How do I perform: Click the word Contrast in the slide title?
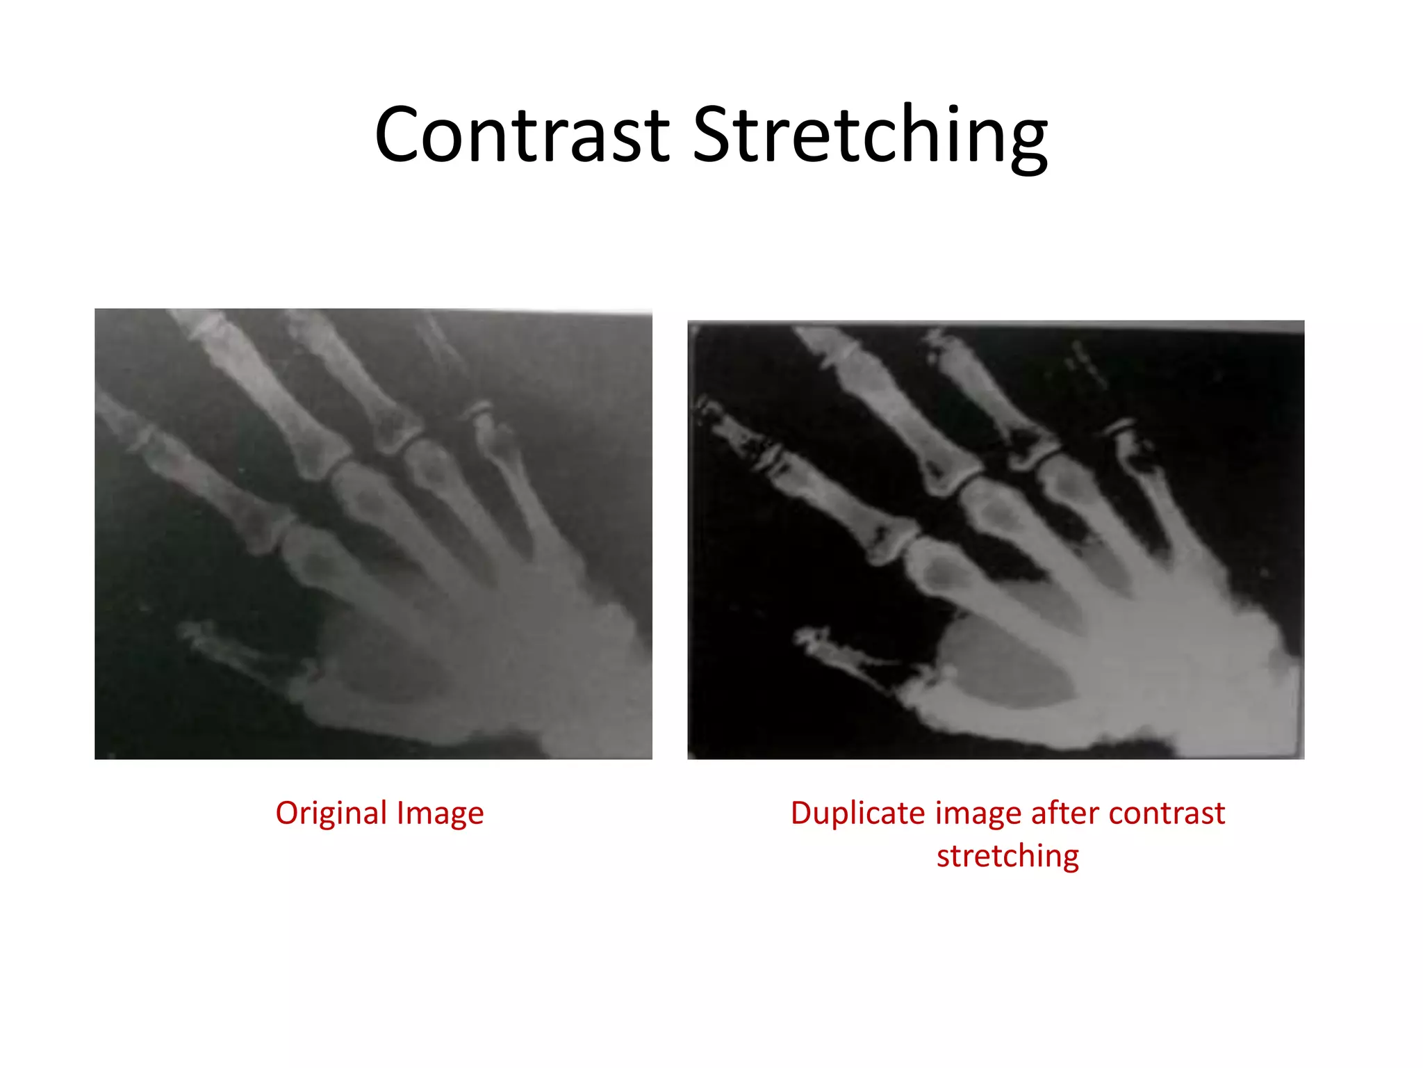click(522, 135)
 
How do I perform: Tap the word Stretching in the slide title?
click(870, 135)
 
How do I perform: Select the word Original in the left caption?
click(331, 813)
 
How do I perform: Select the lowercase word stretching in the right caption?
click(1007, 856)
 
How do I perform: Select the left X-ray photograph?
click(373, 534)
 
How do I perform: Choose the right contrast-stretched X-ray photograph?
click(995, 540)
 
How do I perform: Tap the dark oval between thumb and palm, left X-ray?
click(389, 667)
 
